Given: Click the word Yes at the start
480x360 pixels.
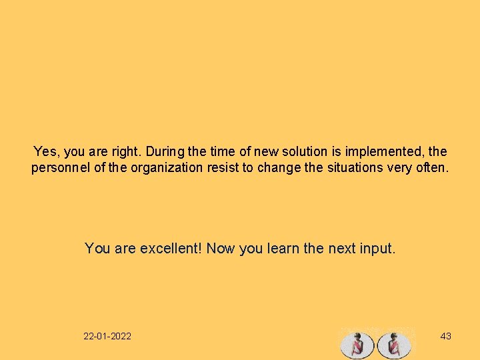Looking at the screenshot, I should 45,152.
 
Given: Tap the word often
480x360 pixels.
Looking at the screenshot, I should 434,168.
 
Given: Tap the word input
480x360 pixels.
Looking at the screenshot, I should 379,249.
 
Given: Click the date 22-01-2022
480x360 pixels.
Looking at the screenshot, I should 107,336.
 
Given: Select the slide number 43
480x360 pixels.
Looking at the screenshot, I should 446,336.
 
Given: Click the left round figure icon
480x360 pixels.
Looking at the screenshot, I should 357,345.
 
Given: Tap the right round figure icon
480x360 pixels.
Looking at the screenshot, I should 394,345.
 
